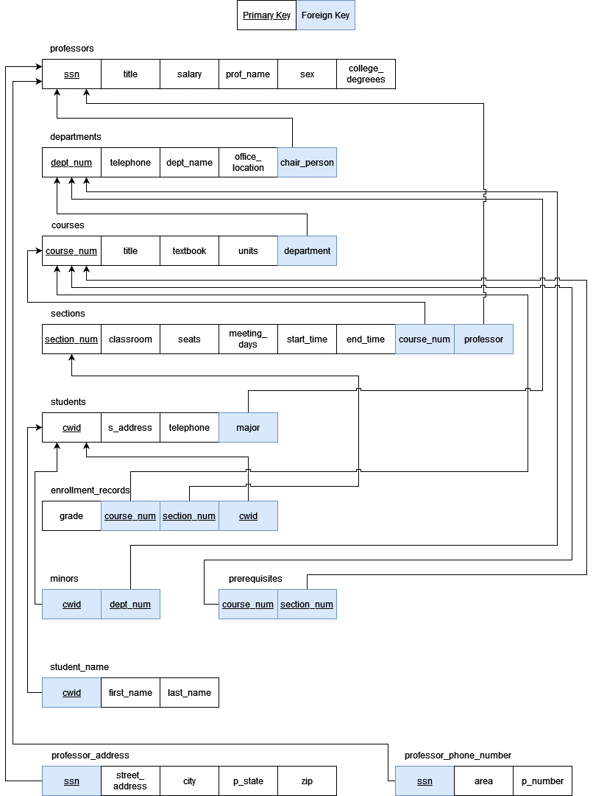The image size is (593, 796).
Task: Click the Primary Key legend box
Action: click(x=266, y=15)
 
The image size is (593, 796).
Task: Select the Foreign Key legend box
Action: click(x=325, y=15)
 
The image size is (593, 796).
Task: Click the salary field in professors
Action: click(x=189, y=74)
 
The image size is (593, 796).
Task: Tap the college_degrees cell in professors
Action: click(x=366, y=74)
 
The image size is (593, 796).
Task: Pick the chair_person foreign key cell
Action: click(x=307, y=163)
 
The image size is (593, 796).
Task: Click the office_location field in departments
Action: click(x=248, y=163)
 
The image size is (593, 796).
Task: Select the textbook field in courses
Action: click(x=189, y=251)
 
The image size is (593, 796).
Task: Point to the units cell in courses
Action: click(x=248, y=251)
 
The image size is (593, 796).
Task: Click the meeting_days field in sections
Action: click(x=248, y=339)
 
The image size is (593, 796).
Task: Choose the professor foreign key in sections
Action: click(x=483, y=339)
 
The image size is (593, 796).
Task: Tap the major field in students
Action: click(x=248, y=428)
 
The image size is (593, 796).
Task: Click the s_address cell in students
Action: click(x=130, y=428)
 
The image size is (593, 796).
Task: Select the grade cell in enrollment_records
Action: click(x=71, y=516)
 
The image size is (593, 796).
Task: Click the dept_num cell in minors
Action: click(x=130, y=605)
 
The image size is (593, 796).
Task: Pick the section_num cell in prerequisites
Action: click(x=307, y=605)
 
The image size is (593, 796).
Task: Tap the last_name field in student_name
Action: click(x=189, y=693)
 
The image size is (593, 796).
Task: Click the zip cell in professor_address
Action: click(x=307, y=781)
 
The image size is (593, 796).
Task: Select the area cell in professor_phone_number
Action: click(x=483, y=781)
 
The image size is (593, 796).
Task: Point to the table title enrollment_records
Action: click(x=90, y=490)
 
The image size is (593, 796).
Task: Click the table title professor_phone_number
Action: click(x=458, y=756)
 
